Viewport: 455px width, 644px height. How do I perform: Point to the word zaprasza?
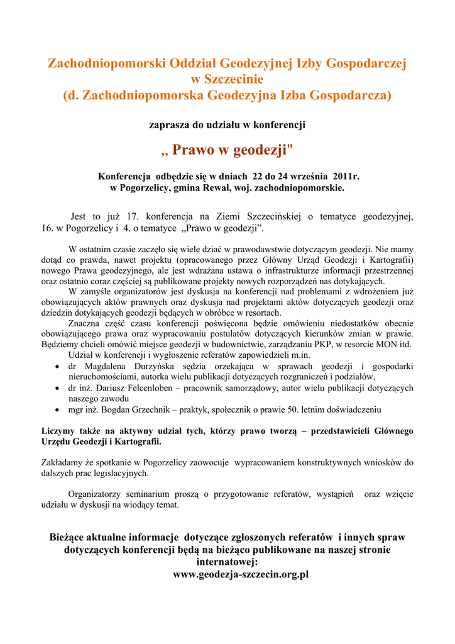click(x=168, y=125)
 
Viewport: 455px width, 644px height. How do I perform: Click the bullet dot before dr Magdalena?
click(x=58, y=367)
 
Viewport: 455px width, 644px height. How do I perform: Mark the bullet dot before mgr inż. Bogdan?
click(x=58, y=410)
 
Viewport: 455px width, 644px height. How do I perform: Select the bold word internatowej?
click(x=227, y=562)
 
